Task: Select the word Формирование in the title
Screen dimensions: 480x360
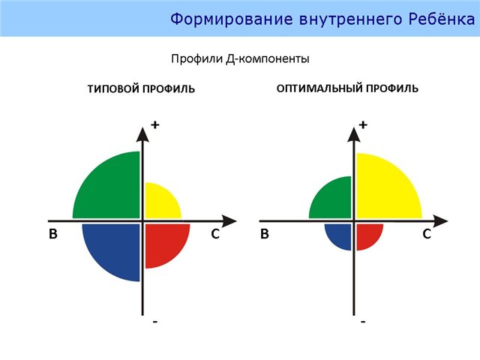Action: [232, 19]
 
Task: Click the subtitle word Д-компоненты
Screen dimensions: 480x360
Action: [268, 58]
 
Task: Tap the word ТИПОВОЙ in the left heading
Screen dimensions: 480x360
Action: [113, 88]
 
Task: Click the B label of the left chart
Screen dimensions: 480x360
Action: [53, 234]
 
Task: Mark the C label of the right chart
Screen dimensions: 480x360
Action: [427, 234]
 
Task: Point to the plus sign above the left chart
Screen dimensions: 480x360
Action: [155, 124]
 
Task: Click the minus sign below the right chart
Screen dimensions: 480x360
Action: [363, 322]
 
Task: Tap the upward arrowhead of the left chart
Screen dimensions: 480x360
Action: [142, 135]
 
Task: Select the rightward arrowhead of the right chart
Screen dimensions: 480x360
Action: [440, 221]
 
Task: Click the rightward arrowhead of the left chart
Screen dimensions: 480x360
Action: [229, 221]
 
